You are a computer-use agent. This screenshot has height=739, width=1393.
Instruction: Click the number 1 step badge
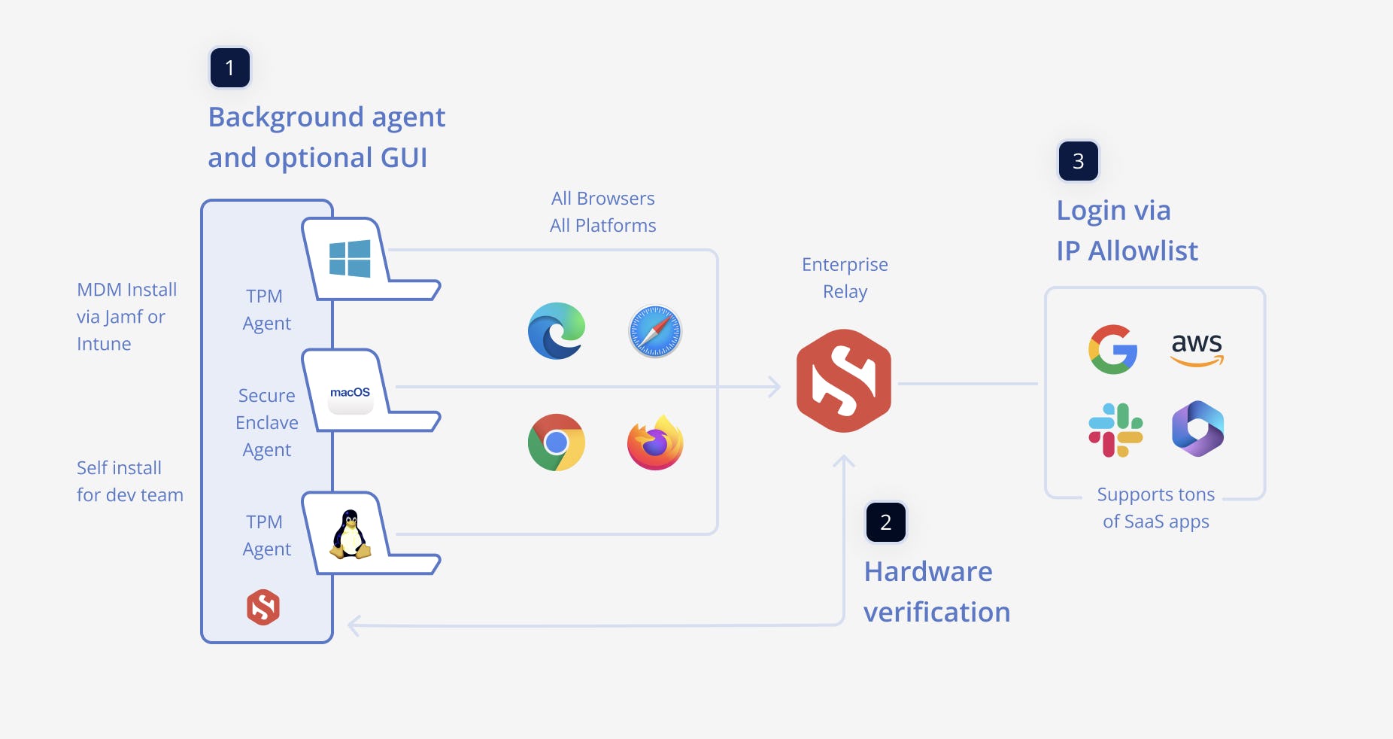229,68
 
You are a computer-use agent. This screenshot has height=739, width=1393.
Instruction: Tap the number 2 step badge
885,522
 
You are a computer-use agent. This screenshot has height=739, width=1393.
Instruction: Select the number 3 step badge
1078,161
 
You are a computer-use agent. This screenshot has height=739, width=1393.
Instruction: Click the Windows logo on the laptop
350,259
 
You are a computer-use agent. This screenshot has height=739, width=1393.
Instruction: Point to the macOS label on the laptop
350,393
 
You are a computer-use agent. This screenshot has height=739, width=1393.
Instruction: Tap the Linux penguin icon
351,535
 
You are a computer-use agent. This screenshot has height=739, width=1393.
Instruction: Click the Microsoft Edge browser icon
557,331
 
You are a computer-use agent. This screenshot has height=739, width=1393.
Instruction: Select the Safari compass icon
655,331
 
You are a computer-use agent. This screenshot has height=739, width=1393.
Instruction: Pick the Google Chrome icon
557,442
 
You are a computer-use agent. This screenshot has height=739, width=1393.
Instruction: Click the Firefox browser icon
655,443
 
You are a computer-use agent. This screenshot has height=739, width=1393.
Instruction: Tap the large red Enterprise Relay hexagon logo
844,381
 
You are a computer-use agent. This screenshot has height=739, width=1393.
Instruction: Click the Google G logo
1112,349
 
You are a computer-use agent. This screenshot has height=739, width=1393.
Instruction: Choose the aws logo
1197,348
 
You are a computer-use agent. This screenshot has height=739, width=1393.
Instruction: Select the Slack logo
1115,430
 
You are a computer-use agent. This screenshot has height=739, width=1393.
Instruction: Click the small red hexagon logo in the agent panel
263,607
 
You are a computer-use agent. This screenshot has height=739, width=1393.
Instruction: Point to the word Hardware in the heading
928,572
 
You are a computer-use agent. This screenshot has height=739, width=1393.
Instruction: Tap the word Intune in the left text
104,344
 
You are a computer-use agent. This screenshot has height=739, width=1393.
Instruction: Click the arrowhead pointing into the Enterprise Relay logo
775,387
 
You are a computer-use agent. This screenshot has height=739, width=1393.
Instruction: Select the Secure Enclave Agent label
267,423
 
